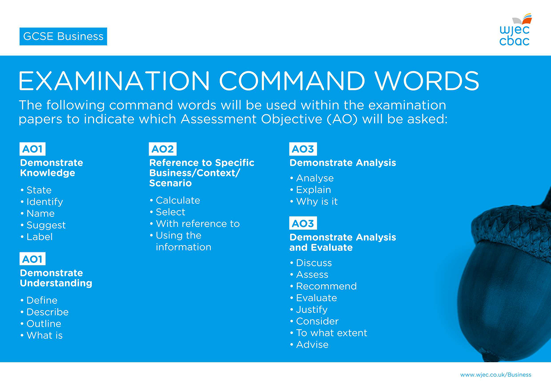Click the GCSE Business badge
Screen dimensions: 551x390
[x=63, y=36]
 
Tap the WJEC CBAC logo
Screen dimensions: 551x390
[x=515, y=30]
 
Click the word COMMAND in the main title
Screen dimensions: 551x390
[x=292, y=81]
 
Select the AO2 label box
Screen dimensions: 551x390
[x=163, y=149]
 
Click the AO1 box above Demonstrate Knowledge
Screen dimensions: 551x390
[x=33, y=149]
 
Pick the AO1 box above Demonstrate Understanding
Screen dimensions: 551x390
[x=33, y=259]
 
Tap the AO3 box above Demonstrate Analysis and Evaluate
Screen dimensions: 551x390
[x=303, y=223]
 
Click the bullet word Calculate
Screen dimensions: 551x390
[x=178, y=201]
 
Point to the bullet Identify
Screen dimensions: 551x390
[x=44, y=202]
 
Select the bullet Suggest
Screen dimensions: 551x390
[x=46, y=226]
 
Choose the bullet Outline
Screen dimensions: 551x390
[x=44, y=324]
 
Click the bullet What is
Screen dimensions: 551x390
[x=44, y=335]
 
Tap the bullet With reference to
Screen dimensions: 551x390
[x=198, y=224]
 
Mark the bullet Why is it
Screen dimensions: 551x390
[x=317, y=201]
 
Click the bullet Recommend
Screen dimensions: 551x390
[x=326, y=286]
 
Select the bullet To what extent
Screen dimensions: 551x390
[x=332, y=333]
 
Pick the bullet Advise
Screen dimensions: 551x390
[x=313, y=345]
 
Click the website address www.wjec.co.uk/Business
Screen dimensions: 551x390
[x=496, y=375]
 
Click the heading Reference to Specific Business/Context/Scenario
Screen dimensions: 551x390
[x=202, y=173]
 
